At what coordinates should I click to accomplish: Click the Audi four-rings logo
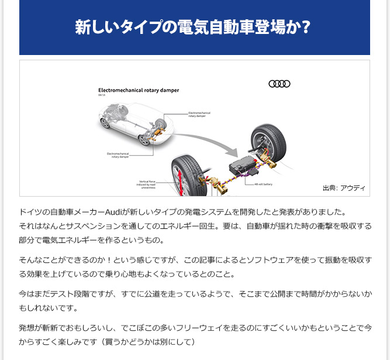click(279, 84)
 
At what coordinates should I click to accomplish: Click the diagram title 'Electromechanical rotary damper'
click(138, 91)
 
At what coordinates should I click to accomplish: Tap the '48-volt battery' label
click(263, 184)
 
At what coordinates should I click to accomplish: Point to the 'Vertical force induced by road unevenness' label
click(147, 184)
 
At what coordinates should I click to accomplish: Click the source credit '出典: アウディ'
click(344, 188)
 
